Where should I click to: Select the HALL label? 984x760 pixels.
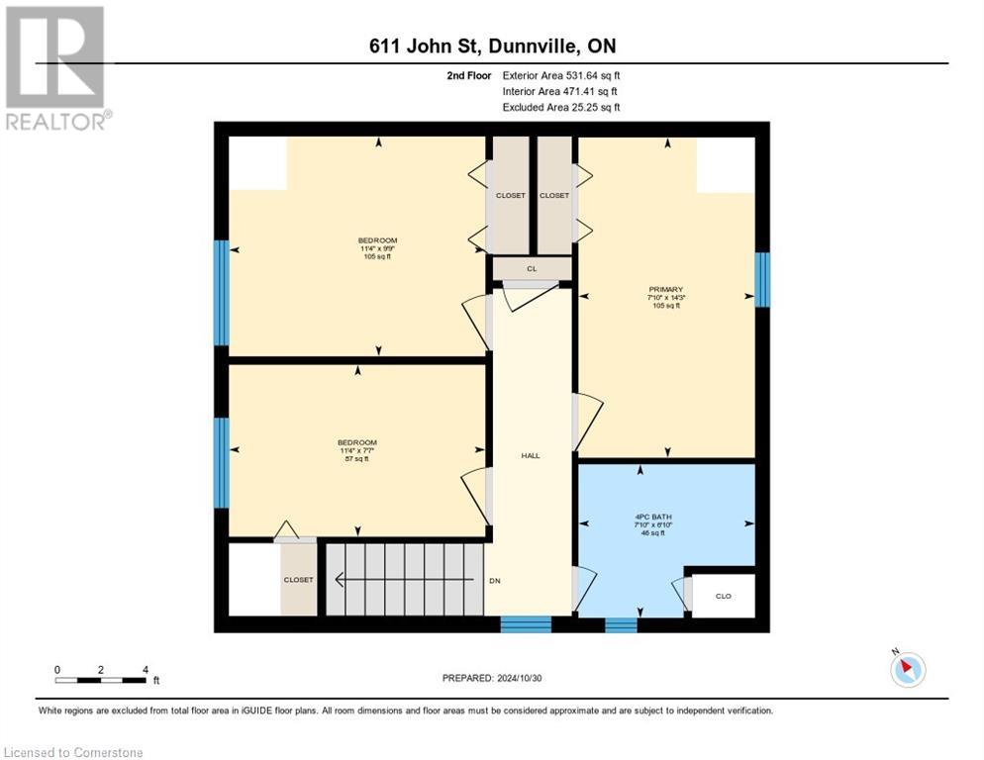pos(531,455)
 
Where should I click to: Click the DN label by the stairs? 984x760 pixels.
pos(495,580)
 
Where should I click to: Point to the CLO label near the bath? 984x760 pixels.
pos(724,596)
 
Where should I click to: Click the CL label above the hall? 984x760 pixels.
pos(531,268)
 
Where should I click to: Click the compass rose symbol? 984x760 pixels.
pos(907,669)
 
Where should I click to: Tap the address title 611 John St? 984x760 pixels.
pos(492,47)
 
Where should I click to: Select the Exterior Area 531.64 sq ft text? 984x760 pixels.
pos(561,75)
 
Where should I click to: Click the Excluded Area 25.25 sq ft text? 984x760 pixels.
pos(561,107)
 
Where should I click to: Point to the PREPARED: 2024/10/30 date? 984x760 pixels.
pos(492,678)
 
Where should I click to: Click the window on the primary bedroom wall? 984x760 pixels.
pos(762,279)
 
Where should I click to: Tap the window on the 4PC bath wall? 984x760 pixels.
pos(621,624)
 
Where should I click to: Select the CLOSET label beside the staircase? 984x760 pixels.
pos(298,580)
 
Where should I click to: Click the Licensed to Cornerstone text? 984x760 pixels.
pos(74,753)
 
